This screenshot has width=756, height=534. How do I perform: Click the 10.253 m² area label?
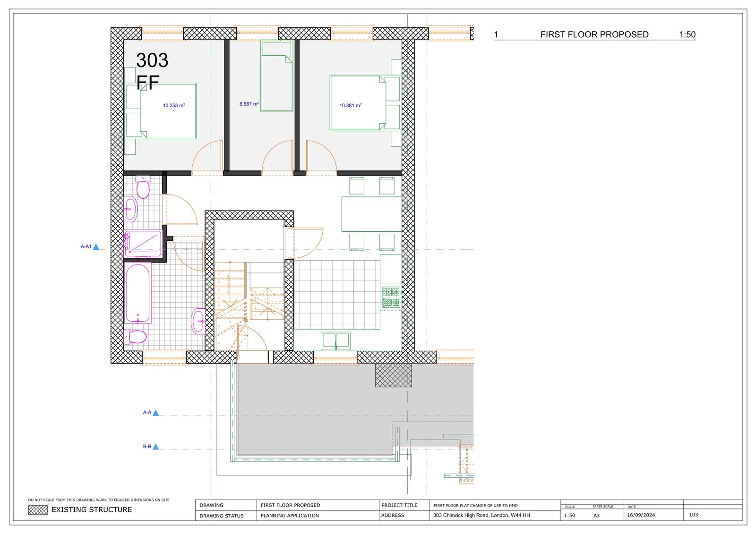174,105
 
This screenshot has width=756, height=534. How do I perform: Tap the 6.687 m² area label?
249,104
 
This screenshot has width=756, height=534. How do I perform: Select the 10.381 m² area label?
351,105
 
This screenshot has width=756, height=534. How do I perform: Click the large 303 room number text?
152,60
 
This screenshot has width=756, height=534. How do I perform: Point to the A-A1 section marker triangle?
96,246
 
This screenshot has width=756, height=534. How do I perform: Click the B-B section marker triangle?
155,447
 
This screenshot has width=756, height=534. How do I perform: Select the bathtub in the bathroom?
138,293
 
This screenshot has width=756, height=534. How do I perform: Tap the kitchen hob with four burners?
391,297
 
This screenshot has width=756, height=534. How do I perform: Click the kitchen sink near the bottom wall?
336,340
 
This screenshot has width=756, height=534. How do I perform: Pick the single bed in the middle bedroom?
277,83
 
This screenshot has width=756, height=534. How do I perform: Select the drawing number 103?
694,515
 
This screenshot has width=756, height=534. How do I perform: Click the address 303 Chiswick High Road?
481,515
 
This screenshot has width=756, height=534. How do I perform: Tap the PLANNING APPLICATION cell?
290,516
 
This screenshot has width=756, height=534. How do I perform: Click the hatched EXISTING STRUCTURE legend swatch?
38,510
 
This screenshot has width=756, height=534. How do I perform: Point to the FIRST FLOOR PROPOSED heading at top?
594,34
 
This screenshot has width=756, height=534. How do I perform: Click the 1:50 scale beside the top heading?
687,34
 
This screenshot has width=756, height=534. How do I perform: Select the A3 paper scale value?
597,516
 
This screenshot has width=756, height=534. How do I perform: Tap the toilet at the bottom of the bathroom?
135,337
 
